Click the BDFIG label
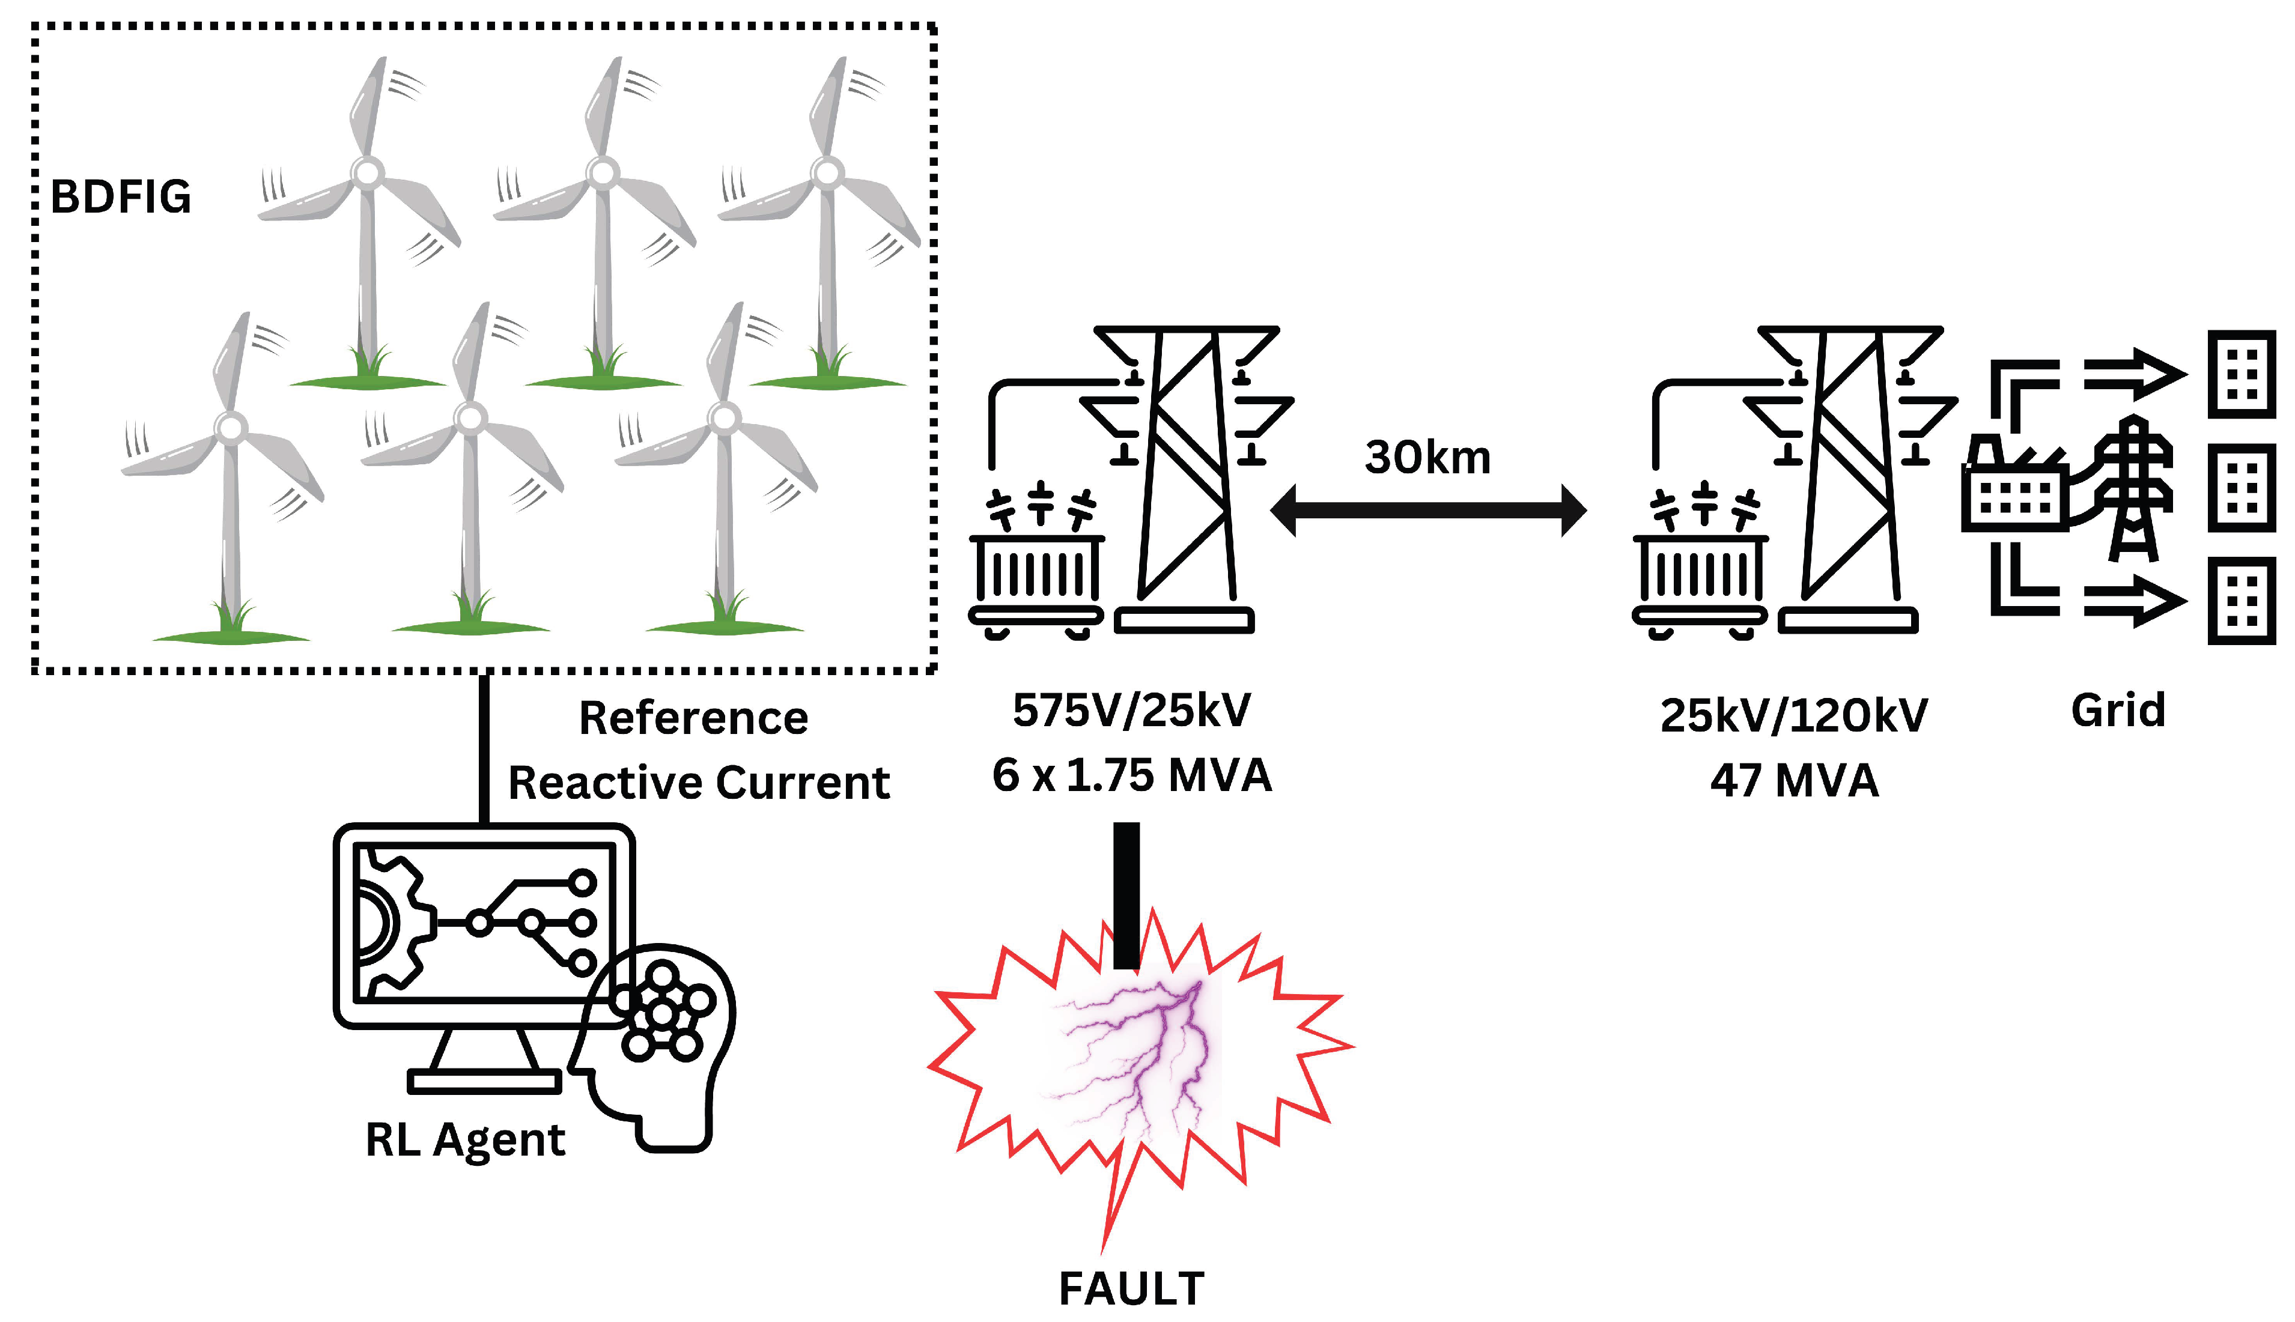[x=121, y=197]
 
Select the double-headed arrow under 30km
[x=1427, y=511]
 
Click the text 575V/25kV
[x=1132, y=710]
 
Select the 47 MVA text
[x=1794, y=781]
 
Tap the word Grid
[x=2118, y=710]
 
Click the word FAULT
[x=1132, y=1288]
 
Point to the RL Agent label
[x=465, y=1139]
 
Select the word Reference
[x=694, y=718]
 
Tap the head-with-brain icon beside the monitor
[x=658, y=1044]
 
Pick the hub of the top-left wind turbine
[x=367, y=172]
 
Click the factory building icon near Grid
[x=2014, y=490]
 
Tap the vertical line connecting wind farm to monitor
[x=484, y=749]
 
